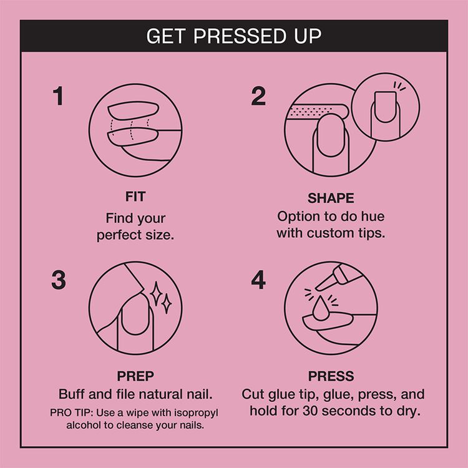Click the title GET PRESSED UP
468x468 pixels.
(x=234, y=36)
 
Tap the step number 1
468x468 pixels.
(x=58, y=97)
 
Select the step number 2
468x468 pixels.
(x=258, y=97)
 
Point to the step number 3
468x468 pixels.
(x=58, y=280)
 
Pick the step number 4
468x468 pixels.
(x=258, y=280)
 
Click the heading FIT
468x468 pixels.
(x=135, y=197)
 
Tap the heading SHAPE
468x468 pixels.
(x=331, y=198)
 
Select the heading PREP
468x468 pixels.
(x=135, y=376)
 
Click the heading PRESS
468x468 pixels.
(x=331, y=376)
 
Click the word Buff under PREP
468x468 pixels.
(x=72, y=394)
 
